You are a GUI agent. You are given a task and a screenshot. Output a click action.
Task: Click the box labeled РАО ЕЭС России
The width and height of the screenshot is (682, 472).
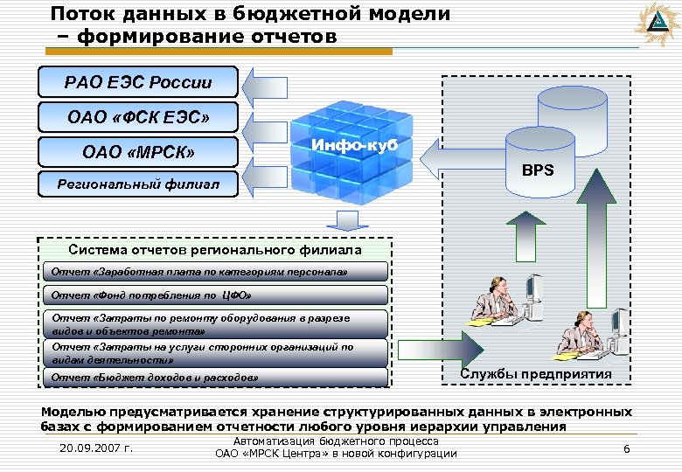point(138,84)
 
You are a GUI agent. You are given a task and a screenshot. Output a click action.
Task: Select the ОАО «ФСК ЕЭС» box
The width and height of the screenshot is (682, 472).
point(138,117)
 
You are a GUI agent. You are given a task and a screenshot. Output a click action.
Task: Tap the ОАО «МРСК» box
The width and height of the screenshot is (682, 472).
point(138,153)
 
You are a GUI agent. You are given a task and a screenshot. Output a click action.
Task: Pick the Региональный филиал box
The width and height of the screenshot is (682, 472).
point(138,184)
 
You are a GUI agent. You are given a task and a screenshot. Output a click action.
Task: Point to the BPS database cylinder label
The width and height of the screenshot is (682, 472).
point(538,170)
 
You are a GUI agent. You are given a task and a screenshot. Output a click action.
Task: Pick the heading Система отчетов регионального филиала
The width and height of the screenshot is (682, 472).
point(214,249)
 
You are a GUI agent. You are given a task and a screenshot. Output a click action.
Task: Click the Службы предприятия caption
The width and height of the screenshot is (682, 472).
point(536,375)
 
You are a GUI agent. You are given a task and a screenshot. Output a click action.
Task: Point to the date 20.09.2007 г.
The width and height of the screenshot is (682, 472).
point(95,448)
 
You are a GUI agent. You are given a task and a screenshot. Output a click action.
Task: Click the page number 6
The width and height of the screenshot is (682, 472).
point(626,448)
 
